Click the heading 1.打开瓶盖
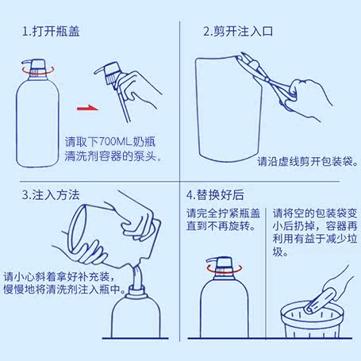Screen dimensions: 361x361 (51, 31)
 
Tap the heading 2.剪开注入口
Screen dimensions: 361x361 (238, 31)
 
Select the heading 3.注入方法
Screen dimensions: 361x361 (51, 195)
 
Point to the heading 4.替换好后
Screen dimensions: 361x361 (215, 195)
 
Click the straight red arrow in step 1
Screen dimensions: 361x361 (87, 108)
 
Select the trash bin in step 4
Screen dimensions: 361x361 (312, 320)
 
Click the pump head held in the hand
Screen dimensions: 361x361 (109, 72)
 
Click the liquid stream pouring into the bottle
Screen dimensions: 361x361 (137, 276)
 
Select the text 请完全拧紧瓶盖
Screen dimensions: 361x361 (223, 213)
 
